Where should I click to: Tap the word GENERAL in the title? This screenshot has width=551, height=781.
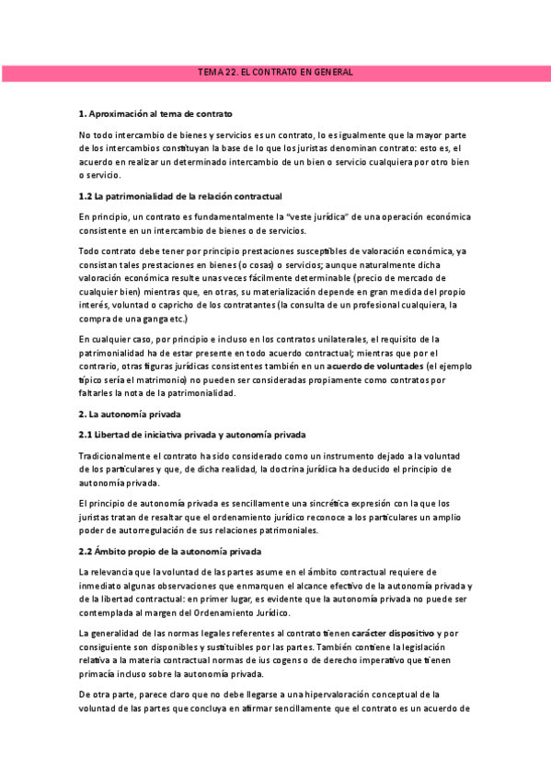coord(332,72)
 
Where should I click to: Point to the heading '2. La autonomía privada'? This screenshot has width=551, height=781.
coord(130,414)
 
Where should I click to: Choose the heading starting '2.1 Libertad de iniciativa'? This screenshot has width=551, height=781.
coord(192,434)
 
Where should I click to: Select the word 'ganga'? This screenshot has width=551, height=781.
coord(154,319)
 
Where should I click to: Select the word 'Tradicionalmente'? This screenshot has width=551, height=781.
coord(119,457)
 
